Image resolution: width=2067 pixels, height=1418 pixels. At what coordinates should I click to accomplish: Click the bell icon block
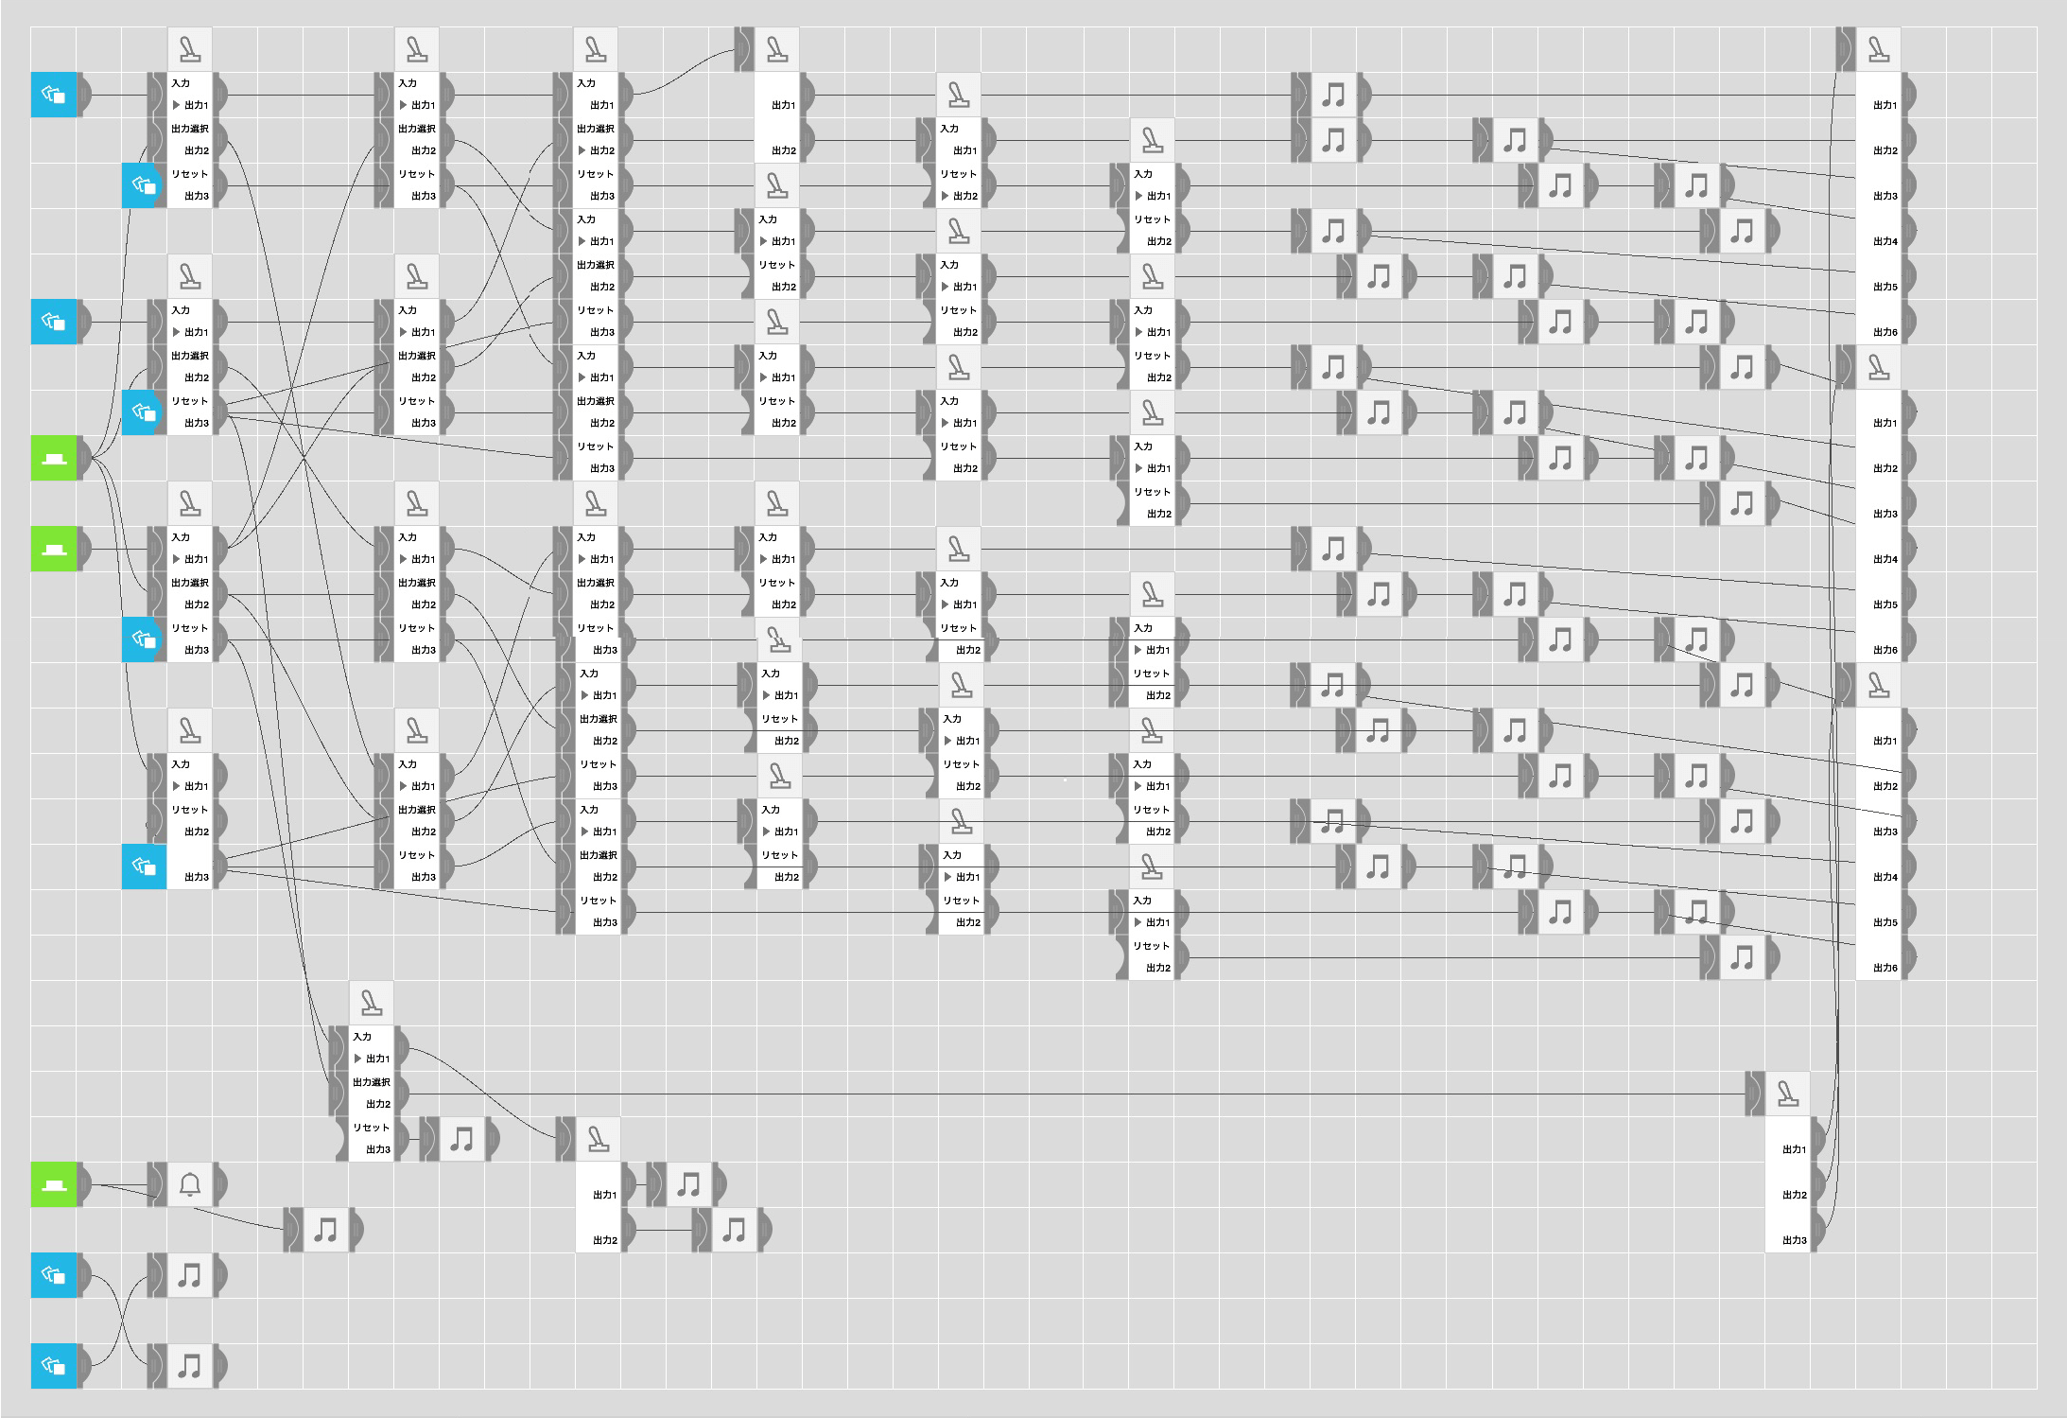(189, 1184)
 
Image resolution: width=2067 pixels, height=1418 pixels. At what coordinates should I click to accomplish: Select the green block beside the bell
(54, 1184)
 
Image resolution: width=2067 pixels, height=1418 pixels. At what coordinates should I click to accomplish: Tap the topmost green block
(54, 458)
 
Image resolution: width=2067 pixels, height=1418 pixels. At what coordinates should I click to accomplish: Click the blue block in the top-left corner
(54, 95)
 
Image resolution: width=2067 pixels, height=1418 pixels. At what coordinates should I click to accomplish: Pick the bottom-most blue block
(54, 1366)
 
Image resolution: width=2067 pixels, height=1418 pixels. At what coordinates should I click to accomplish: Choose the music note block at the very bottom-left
(189, 1366)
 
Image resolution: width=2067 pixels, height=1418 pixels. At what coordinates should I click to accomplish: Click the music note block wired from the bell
(325, 1230)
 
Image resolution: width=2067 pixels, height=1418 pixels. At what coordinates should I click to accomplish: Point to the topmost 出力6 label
(1885, 332)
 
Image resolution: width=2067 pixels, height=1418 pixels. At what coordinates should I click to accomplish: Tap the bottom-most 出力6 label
(1885, 968)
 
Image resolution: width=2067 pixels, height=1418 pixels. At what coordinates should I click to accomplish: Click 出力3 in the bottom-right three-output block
(1794, 1240)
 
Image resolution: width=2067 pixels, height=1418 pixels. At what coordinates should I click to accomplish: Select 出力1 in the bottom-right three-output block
(1794, 1149)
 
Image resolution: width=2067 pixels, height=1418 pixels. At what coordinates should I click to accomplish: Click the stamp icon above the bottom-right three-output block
(1787, 1094)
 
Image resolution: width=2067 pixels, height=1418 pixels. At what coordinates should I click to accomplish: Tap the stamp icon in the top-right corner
(1879, 49)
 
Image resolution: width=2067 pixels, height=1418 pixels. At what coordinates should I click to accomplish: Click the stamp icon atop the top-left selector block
(190, 49)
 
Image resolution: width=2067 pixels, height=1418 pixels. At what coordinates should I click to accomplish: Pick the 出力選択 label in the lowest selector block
(371, 1081)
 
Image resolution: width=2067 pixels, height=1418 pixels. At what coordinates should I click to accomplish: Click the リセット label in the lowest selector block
(371, 1127)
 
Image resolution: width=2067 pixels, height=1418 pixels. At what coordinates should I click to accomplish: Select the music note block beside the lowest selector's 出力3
(461, 1139)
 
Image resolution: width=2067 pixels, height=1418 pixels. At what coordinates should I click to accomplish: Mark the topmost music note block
(1333, 95)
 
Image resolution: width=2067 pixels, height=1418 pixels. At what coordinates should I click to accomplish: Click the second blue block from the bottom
(54, 1275)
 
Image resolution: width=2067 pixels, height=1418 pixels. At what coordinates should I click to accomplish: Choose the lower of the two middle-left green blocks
(54, 549)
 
